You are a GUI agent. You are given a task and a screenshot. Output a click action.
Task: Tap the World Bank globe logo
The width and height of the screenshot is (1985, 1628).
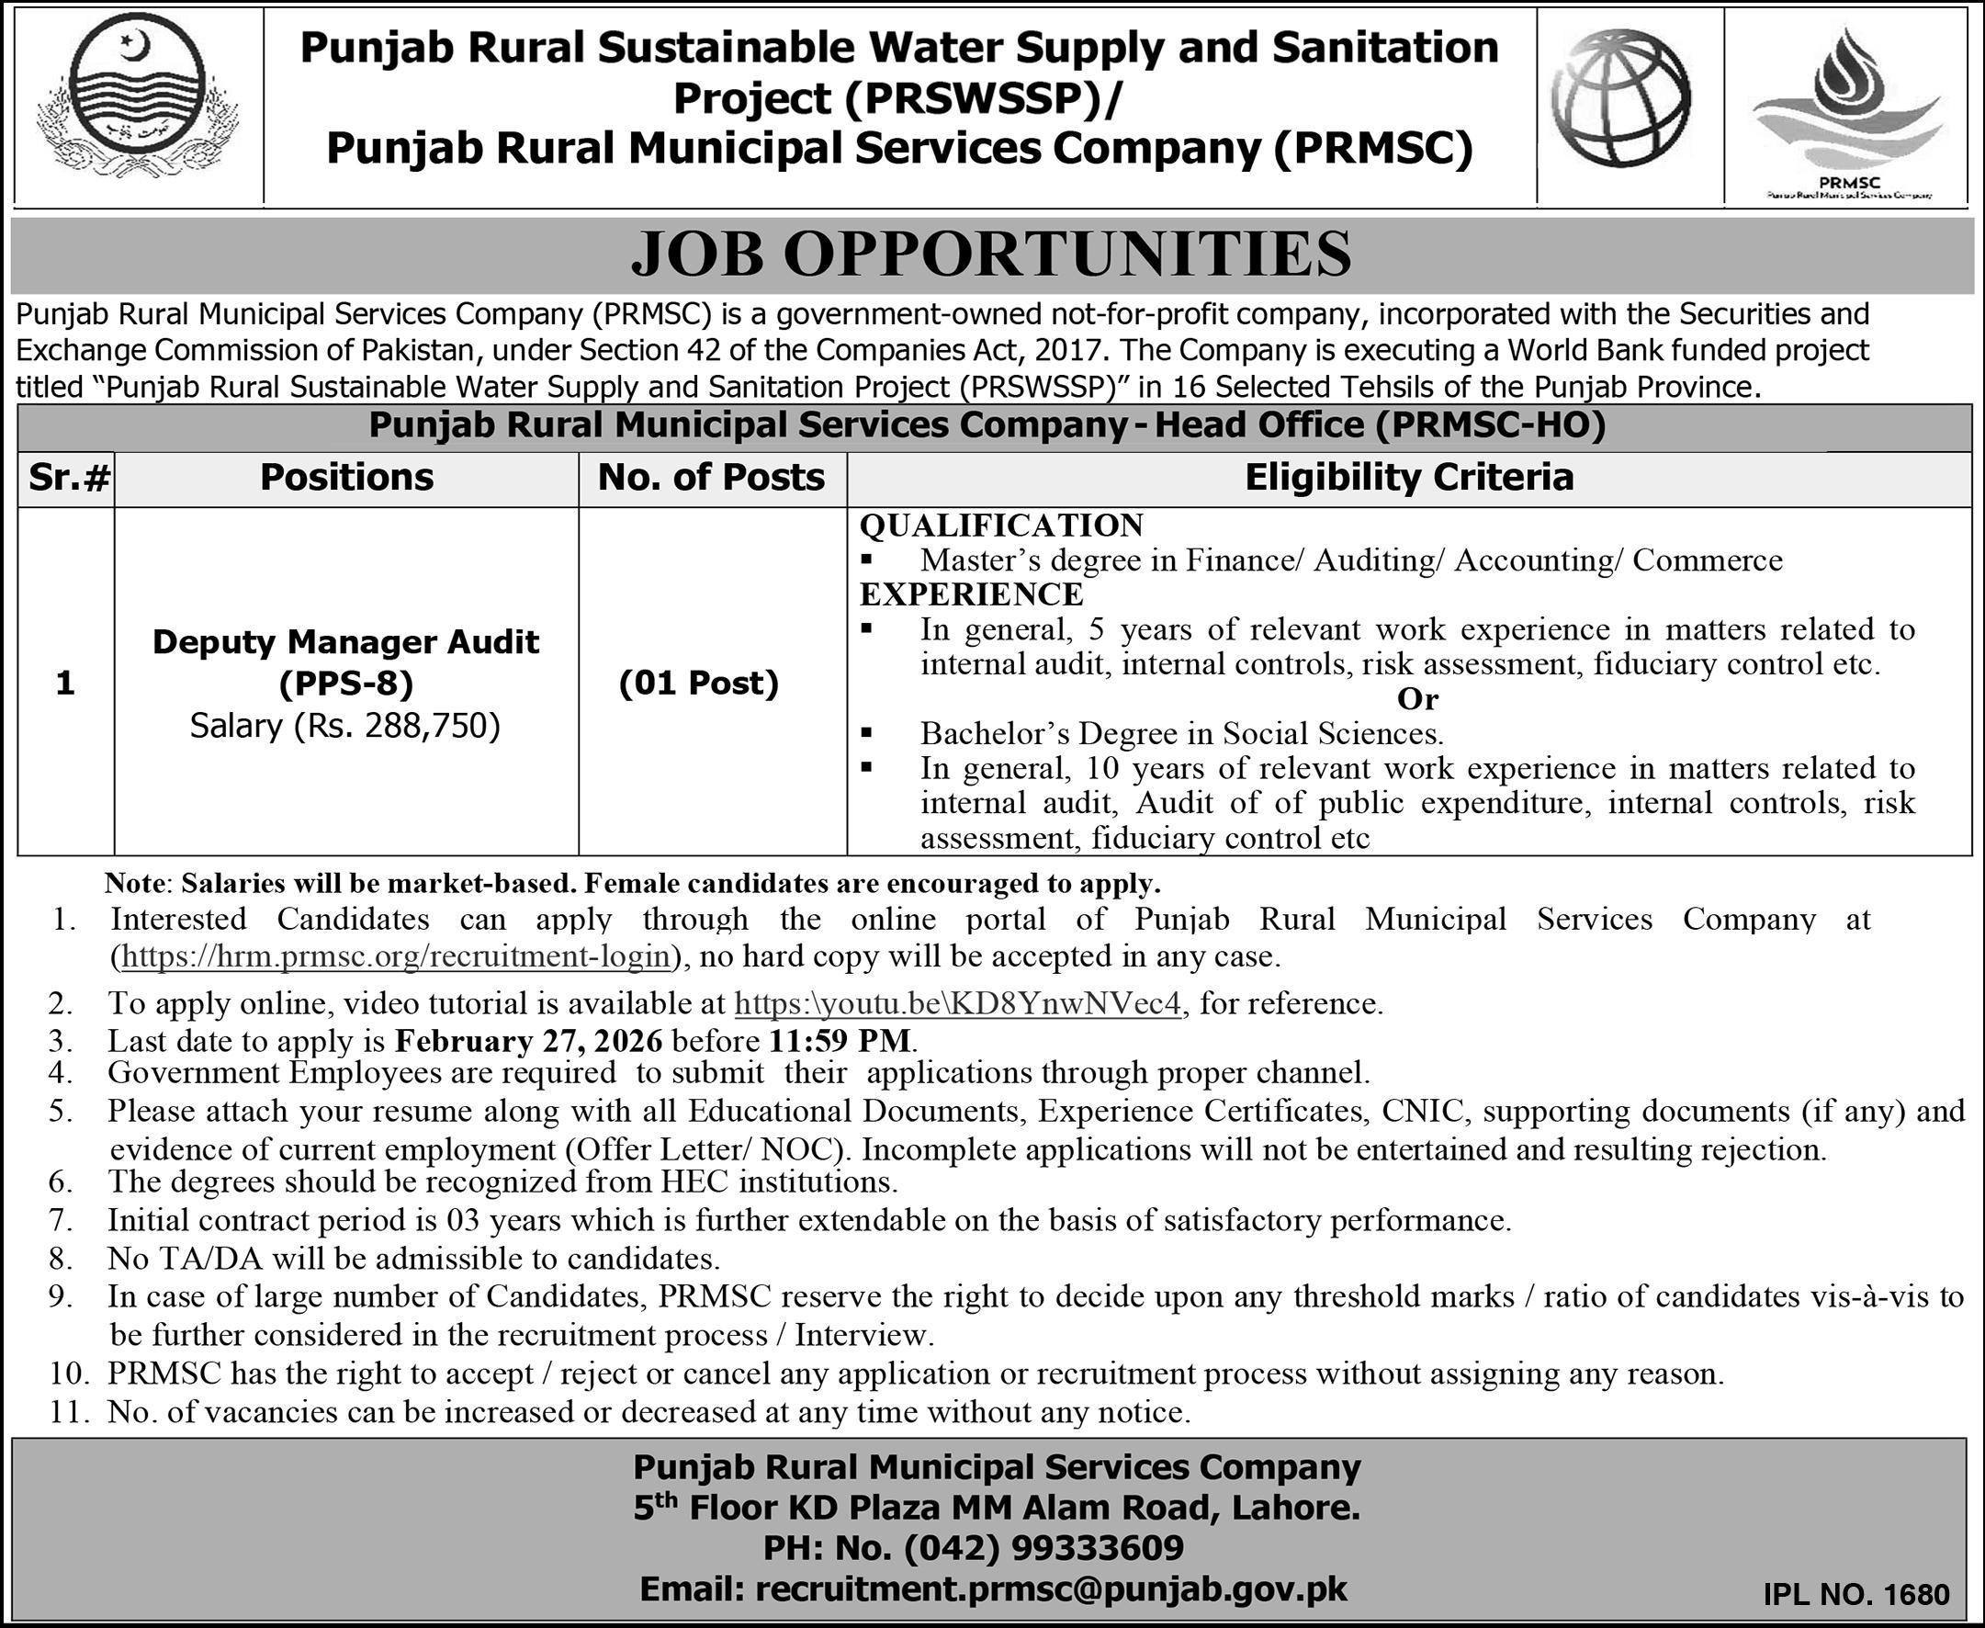coord(1620,97)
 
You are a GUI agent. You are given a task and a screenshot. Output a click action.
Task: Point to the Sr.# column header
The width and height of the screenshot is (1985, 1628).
coord(67,479)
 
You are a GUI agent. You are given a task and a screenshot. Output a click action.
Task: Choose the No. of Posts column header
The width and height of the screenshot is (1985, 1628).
coord(712,479)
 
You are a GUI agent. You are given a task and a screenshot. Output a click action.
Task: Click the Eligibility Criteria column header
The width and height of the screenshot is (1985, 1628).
coord(1408,479)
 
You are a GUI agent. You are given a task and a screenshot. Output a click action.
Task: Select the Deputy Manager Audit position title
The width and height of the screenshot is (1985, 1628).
coord(346,642)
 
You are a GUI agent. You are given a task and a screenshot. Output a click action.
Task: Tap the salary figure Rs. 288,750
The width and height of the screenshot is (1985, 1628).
coord(346,726)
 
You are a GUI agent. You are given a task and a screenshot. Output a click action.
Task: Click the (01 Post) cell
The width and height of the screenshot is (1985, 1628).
coord(700,683)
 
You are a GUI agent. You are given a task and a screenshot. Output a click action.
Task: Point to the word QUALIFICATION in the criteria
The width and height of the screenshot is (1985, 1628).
coord(1001,526)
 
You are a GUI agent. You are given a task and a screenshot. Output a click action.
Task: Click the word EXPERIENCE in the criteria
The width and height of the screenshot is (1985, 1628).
coord(972,594)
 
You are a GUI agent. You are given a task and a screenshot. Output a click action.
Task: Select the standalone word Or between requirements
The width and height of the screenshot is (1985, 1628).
coord(1416,698)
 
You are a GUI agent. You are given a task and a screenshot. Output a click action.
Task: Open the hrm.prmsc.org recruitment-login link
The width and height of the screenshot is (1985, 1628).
coord(398,956)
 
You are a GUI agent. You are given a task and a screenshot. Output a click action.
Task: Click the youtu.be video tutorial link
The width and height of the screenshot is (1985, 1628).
coord(957,1003)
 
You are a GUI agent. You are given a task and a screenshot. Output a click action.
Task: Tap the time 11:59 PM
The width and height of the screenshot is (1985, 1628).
coord(840,1041)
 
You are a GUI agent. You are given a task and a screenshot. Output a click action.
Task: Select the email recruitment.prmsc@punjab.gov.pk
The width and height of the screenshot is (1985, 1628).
coord(1051,1588)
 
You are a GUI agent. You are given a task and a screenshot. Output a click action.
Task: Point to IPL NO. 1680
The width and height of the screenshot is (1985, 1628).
coord(1855,1594)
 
